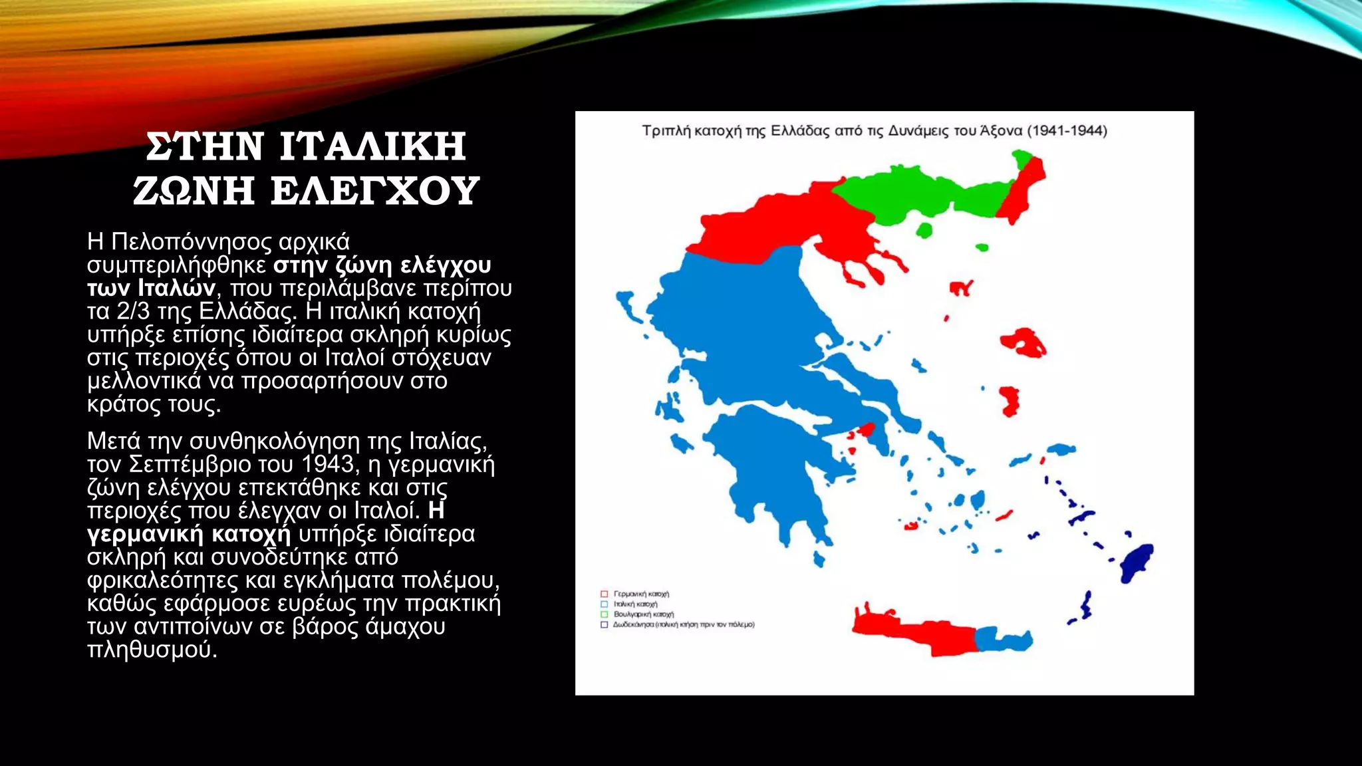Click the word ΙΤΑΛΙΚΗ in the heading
[372, 147]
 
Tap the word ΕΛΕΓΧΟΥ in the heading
[374, 191]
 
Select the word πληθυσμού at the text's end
[152, 649]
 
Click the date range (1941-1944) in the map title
[1067, 130]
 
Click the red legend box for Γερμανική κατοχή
[604, 594]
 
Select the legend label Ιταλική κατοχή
[635, 604]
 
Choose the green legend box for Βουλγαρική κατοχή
[604, 614]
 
